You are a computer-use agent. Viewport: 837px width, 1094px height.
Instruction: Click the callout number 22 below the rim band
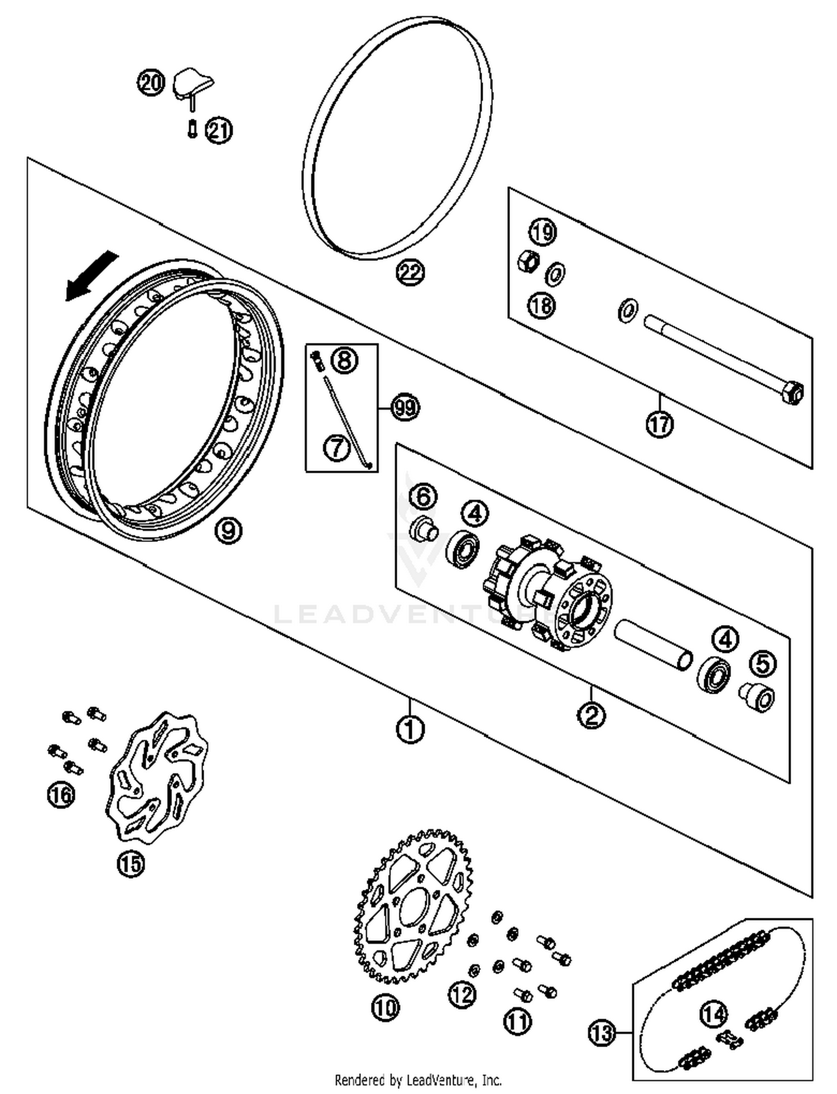(x=410, y=273)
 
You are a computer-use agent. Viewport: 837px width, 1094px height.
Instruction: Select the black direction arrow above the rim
(x=92, y=276)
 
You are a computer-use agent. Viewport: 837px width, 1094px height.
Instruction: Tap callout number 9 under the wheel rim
(x=228, y=530)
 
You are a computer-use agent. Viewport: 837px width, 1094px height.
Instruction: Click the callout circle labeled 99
(x=405, y=408)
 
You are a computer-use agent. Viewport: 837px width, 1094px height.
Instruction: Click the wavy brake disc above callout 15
(x=157, y=777)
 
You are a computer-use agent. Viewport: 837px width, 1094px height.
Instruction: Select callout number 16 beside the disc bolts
(x=61, y=794)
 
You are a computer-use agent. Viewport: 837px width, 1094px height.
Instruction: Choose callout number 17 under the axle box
(x=660, y=425)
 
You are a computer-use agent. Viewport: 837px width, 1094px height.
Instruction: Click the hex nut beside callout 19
(x=528, y=260)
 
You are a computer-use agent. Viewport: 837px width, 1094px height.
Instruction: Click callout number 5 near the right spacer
(x=763, y=664)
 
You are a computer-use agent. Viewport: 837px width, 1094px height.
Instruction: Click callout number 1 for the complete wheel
(x=410, y=728)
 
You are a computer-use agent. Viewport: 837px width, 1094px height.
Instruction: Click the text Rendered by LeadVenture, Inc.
(x=418, y=1080)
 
